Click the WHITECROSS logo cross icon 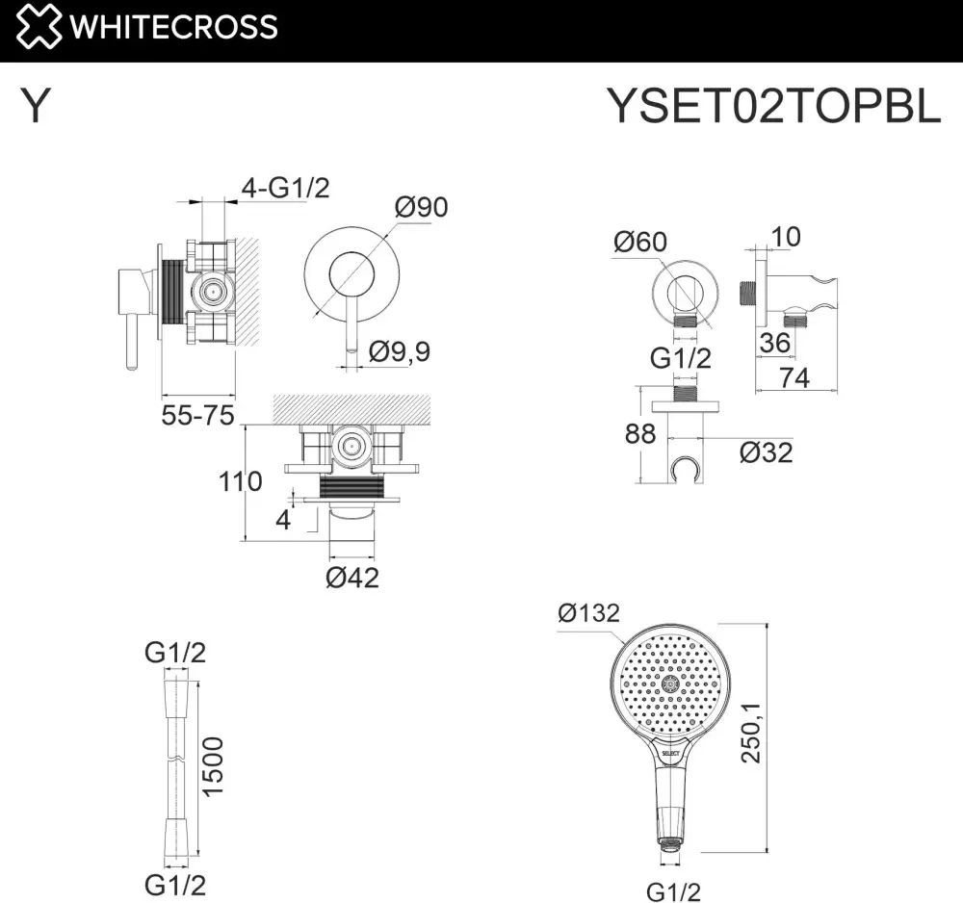[39, 26]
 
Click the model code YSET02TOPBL [774, 106]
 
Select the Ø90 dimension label [422, 207]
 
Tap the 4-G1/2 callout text [286, 187]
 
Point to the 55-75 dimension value [197, 416]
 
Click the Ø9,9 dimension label [400, 351]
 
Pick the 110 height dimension [240, 481]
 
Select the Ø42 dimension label [351, 578]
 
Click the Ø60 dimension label [640, 242]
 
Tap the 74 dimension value [794, 378]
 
